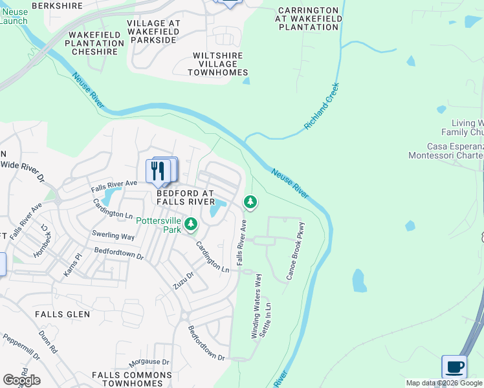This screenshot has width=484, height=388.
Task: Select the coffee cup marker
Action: [454, 367]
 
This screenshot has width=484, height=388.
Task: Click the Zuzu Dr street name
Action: [183, 279]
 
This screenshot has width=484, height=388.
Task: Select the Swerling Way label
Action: [113, 236]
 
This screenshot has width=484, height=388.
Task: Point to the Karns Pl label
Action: [73, 264]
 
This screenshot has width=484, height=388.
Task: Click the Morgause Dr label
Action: [148, 362]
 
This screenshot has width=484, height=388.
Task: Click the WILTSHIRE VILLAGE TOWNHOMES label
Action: [217, 64]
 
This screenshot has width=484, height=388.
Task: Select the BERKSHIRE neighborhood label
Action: [57, 6]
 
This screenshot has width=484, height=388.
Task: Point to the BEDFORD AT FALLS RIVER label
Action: [185, 197]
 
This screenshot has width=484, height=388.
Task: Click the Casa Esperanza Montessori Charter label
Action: [446, 151]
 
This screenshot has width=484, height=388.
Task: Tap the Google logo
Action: [21, 380]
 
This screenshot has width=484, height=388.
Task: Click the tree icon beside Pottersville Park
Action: [190, 224]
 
